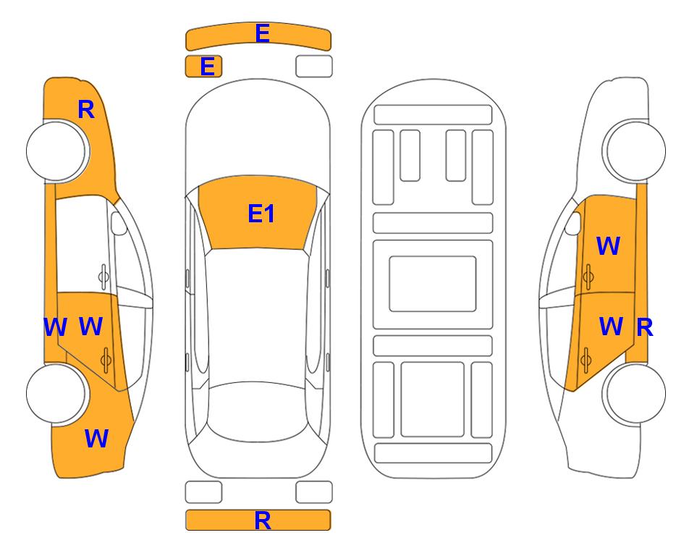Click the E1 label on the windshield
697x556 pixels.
click(261, 213)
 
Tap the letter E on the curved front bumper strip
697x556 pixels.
click(262, 33)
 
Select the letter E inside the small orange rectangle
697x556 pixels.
click(208, 67)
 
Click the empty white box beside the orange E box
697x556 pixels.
click(314, 67)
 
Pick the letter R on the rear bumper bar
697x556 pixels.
click(262, 520)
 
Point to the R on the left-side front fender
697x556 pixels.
click(86, 109)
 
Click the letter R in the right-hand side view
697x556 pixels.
click(645, 328)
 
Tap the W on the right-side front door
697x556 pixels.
click(608, 245)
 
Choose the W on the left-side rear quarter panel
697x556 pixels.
click(96, 438)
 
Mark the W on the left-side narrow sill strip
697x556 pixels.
click(55, 327)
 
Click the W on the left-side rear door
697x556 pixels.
click(90, 326)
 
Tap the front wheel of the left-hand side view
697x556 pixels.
click(56, 151)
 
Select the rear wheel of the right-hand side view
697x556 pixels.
click(635, 394)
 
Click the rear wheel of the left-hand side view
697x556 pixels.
click(56, 394)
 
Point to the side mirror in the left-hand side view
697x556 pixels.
click(119, 223)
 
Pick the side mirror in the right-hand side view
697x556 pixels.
click(573, 223)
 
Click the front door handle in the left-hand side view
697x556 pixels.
click(104, 276)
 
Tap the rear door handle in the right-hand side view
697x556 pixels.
click(586, 359)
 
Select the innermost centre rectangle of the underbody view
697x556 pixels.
click(433, 284)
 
